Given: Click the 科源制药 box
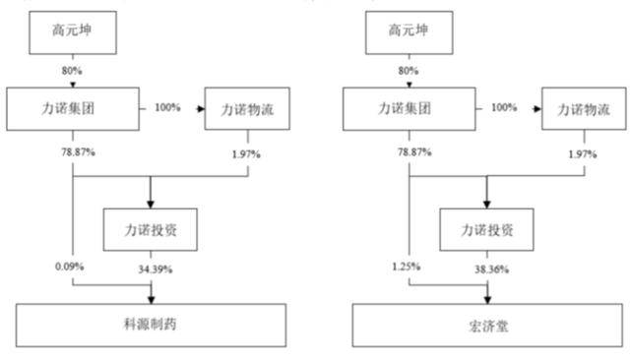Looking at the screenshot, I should [152, 324].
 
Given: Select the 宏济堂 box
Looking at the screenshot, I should [488, 324].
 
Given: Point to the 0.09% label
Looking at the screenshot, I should [69, 268].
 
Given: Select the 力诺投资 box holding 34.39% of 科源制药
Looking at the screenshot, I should [152, 229].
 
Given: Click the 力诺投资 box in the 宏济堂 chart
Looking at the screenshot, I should [488, 229].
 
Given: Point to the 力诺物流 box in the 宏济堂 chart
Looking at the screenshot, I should [585, 107].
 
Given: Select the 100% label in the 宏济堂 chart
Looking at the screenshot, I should [504, 107].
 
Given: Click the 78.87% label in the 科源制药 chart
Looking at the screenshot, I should [72, 150].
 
